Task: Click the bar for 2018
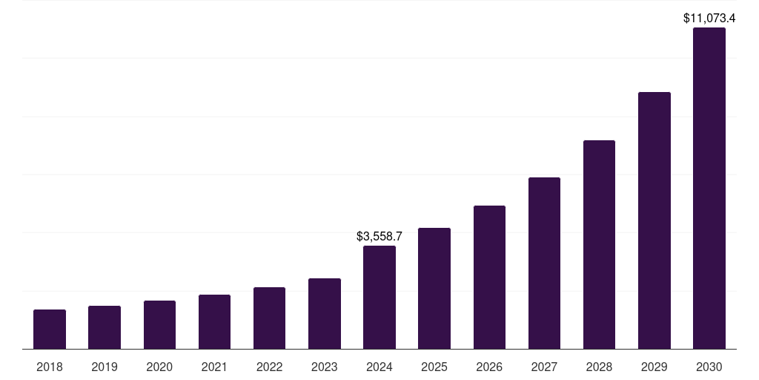click(50, 329)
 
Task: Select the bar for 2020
click(159, 324)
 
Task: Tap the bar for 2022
click(269, 318)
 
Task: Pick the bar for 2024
click(379, 297)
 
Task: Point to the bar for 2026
click(489, 277)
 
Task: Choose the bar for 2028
click(599, 244)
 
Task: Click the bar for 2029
click(654, 220)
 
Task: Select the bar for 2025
click(434, 288)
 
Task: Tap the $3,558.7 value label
click(379, 236)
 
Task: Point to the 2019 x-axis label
click(105, 367)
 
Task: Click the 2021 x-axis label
click(214, 367)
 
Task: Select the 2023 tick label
click(325, 367)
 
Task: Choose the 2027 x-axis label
click(544, 367)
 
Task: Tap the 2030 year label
click(709, 367)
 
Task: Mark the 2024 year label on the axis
click(379, 367)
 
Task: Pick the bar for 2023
click(325, 313)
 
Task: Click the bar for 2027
click(544, 263)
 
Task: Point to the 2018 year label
click(50, 367)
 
